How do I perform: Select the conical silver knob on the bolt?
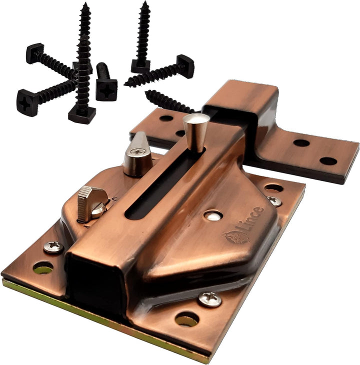point(196,132)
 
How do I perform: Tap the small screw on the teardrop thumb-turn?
point(138,152)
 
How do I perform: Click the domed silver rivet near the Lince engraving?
point(213,216)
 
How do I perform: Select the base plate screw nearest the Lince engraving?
point(274,201)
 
